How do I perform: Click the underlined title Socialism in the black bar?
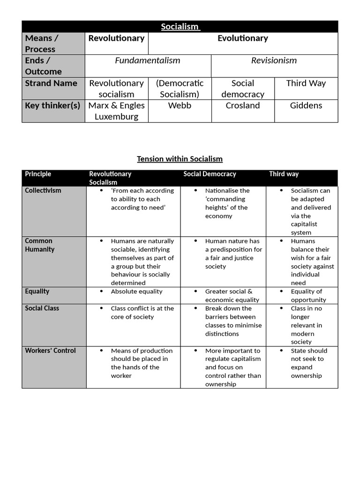[x=180, y=27]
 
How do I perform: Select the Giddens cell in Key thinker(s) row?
[x=306, y=105]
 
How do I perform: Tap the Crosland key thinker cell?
[x=242, y=105]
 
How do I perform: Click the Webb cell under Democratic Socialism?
[x=180, y=105]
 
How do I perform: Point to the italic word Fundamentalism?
[x=148, y=60]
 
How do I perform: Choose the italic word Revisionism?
[x=274, y=60]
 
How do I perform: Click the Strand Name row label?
[x=51, y=83]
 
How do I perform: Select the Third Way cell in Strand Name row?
[x=306, y=83]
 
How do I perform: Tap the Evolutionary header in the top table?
[x=242, y=38]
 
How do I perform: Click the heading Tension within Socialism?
[x=180, y=159]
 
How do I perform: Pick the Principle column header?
[x=38, y=174]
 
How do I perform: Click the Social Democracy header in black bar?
[x=210, y=174]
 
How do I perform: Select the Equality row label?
[x=37, y=291]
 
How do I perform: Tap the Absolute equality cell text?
[x=136, y=292]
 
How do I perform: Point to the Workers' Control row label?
[x=50, y=351]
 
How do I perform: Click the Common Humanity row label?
[x=39, y=245]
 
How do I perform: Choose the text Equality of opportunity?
[x=308, y=296]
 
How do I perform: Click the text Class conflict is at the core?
[x=142, y=313]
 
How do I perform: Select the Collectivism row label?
[x=43, y=190]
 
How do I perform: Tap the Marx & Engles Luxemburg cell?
[x=116, y=111]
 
